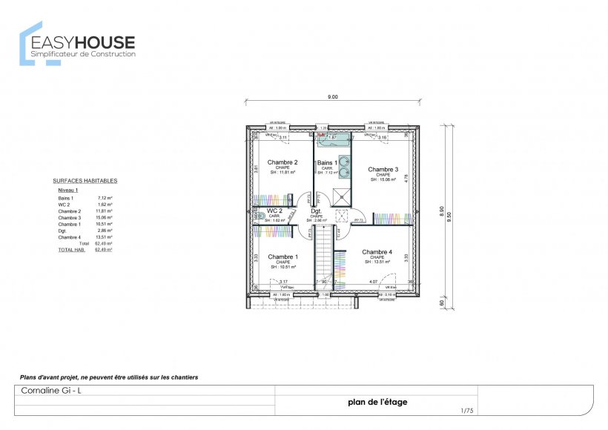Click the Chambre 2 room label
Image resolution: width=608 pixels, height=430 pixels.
point(282,162)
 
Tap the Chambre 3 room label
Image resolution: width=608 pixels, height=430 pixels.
point(383,170)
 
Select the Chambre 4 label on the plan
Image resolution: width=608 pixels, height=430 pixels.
point(377,252)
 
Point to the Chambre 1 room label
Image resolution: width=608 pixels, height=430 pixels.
point(282,257)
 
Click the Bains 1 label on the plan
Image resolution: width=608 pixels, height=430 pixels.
point(327,162)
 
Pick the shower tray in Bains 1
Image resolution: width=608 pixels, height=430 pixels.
point(342,196)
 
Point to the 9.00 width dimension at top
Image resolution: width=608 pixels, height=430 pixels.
point(332,97)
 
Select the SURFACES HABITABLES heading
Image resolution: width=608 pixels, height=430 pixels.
point(85,181)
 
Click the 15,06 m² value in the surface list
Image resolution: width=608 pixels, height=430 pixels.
point(104,218)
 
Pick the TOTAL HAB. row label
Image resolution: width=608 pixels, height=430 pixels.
point(69,250)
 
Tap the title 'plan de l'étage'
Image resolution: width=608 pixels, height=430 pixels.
point(377,403)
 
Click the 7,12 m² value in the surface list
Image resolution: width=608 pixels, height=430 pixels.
point(104,199)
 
